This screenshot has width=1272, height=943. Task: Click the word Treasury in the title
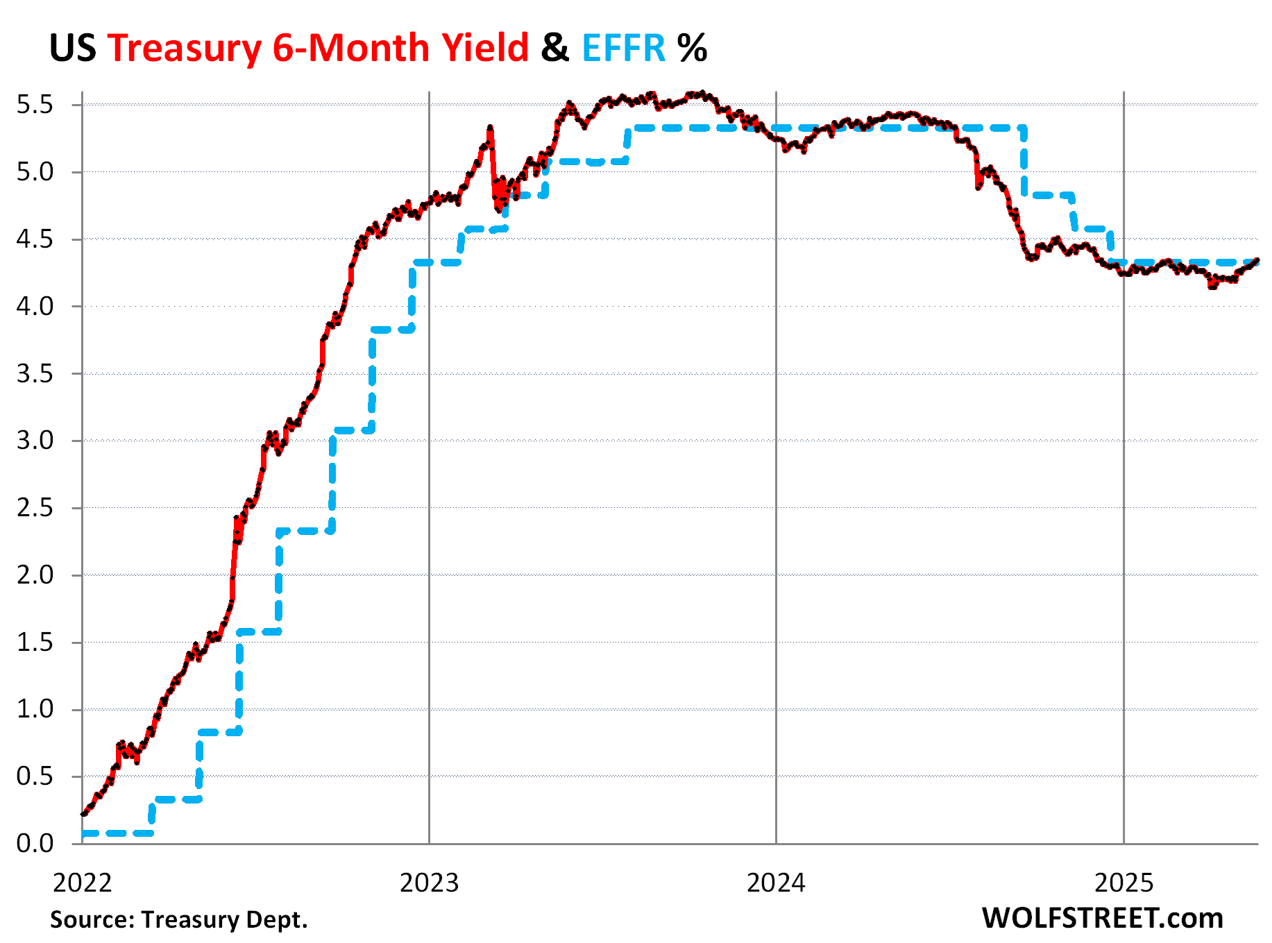(x=184, y=49)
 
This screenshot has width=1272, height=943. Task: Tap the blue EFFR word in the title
(x=623, y=49)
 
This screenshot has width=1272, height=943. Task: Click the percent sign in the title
(x=692, y=49)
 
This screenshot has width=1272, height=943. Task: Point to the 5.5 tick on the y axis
(x=35, y=105)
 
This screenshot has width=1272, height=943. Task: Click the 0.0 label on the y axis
(x=35, y=844)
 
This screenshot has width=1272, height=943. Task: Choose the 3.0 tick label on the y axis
(x=35, y=441)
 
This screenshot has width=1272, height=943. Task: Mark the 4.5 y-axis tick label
(x=35, y=239)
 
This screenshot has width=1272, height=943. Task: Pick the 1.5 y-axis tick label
(x=35, y=643)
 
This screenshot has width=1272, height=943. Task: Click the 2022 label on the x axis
(x=82, y=883)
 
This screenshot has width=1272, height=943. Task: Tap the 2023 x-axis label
(x=430, y=883)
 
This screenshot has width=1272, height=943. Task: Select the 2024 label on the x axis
(x=776, y=883)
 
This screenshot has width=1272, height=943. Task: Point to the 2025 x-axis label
(x=1123, y=883)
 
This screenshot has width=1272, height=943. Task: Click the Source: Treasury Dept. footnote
(x=178, y=919)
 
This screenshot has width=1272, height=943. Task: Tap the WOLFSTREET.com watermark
(x=1102, y=918)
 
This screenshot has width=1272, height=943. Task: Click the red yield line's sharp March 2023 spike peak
(x=490, y=128)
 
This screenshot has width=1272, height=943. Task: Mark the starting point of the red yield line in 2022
(x=83, y=813)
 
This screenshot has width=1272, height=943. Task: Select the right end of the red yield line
(x=1257, y=261)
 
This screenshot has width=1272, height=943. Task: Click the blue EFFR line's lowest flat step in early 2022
(x=117, y=833)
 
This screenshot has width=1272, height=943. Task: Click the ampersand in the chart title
(x=555, y=49)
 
